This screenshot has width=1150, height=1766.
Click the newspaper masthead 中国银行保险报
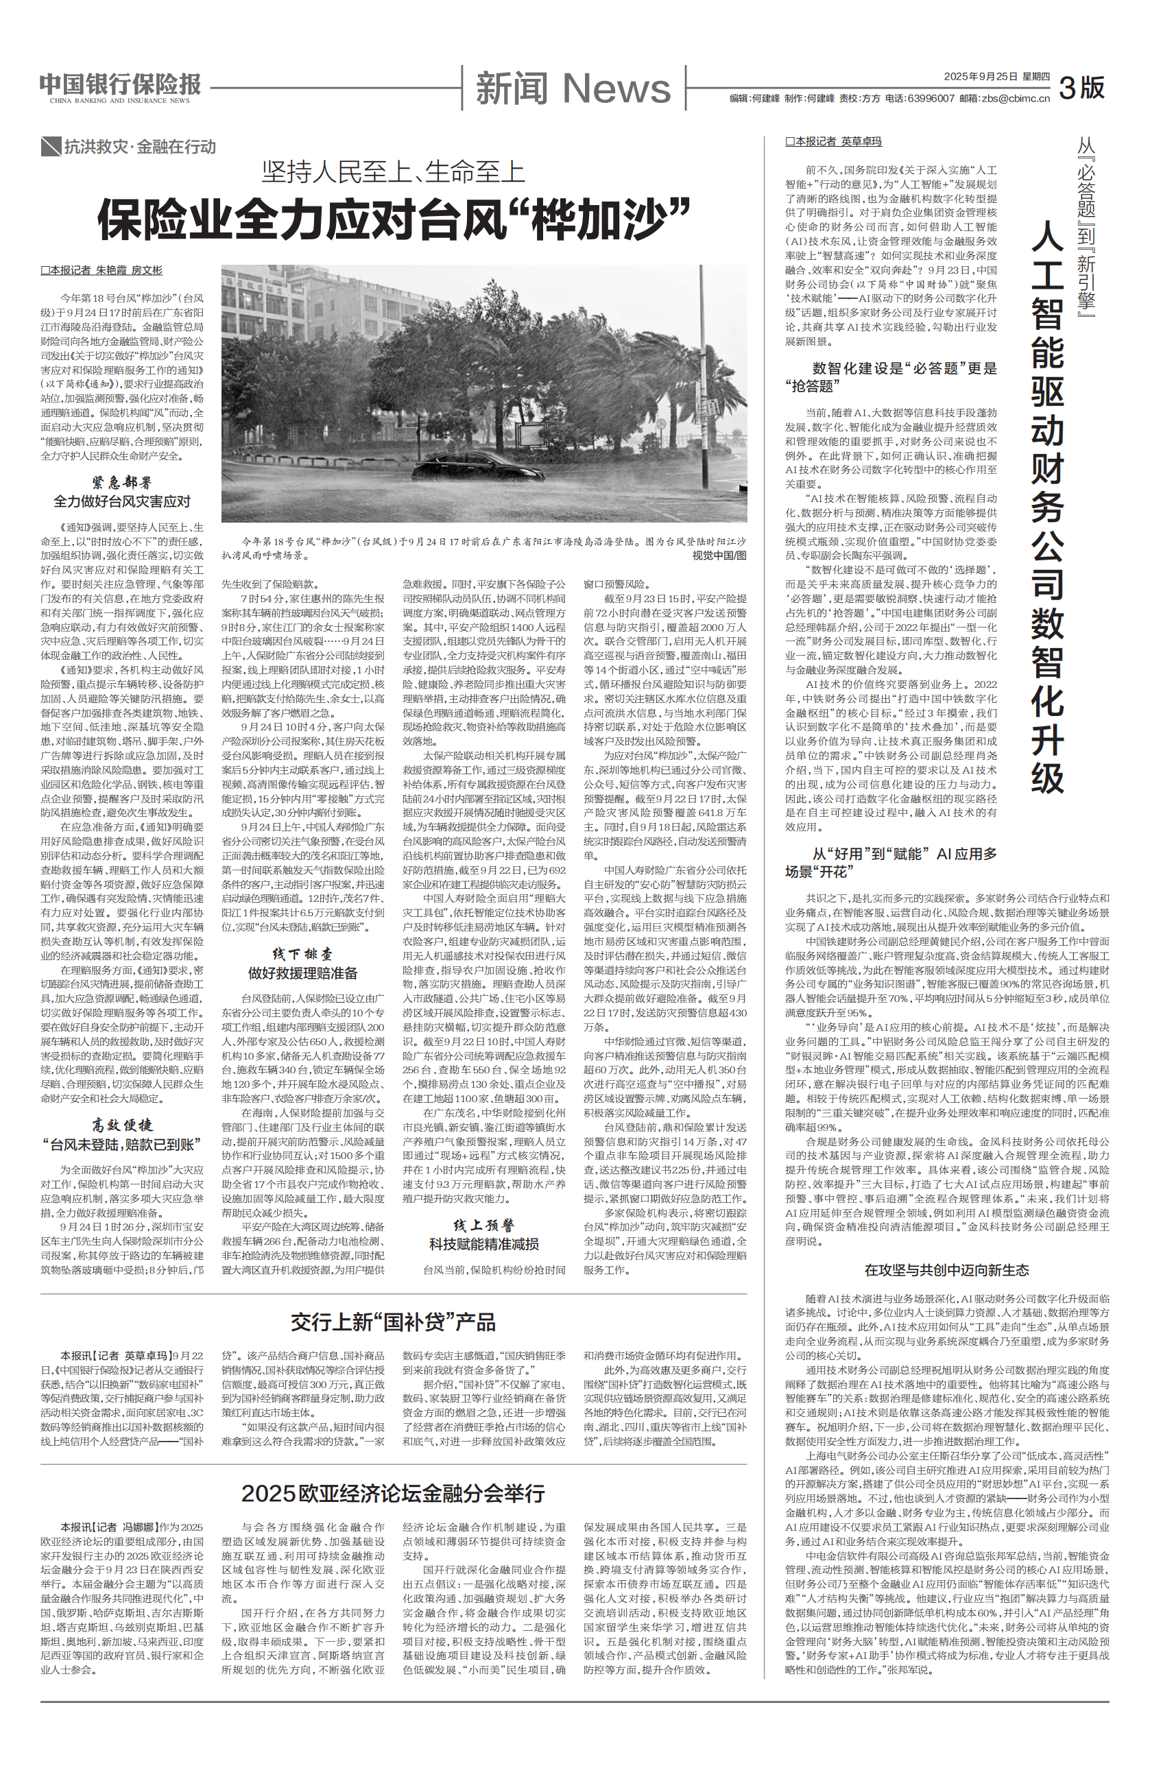pyautogui.click(x=120, y=84)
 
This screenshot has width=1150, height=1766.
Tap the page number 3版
pyautogui.click(x=1081, y=88)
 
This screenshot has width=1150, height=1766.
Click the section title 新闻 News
pyautogui.click(x=573, y=88)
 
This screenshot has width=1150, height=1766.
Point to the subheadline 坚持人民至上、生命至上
pyautogui.click(x=393, y=172)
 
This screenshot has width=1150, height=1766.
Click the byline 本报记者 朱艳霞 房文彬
pyautogui.click(x=101, y=270)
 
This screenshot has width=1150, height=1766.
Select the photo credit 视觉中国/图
pyautogui.click(x=719, y=555)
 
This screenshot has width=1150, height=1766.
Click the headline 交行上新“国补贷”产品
pyautogui.click(x=393, y=1322)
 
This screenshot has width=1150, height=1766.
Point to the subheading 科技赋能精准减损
pyautogui.click(x=483, y=1243)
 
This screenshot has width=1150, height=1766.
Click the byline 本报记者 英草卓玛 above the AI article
pyautogui.click(x=833, y=141)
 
